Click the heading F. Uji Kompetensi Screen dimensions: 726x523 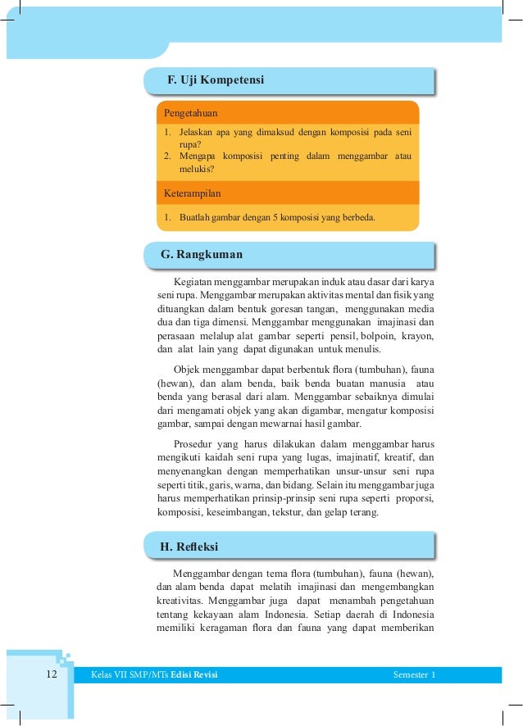[x=215, y=80]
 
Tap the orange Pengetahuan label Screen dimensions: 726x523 [x=191, y=111]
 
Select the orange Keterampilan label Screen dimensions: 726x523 [x=193, y=193]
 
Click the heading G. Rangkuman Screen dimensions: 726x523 [x=202, y=255]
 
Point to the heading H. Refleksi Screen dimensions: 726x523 [x=189, y=547]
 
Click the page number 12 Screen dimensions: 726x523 [x=52, y=674]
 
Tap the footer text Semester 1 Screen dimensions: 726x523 [x=414, y=675]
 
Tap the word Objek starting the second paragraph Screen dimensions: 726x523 [x=187, y=370]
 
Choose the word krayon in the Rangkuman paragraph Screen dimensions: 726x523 [x=416, y=335]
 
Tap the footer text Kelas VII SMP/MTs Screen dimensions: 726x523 [x=124, y=675]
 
